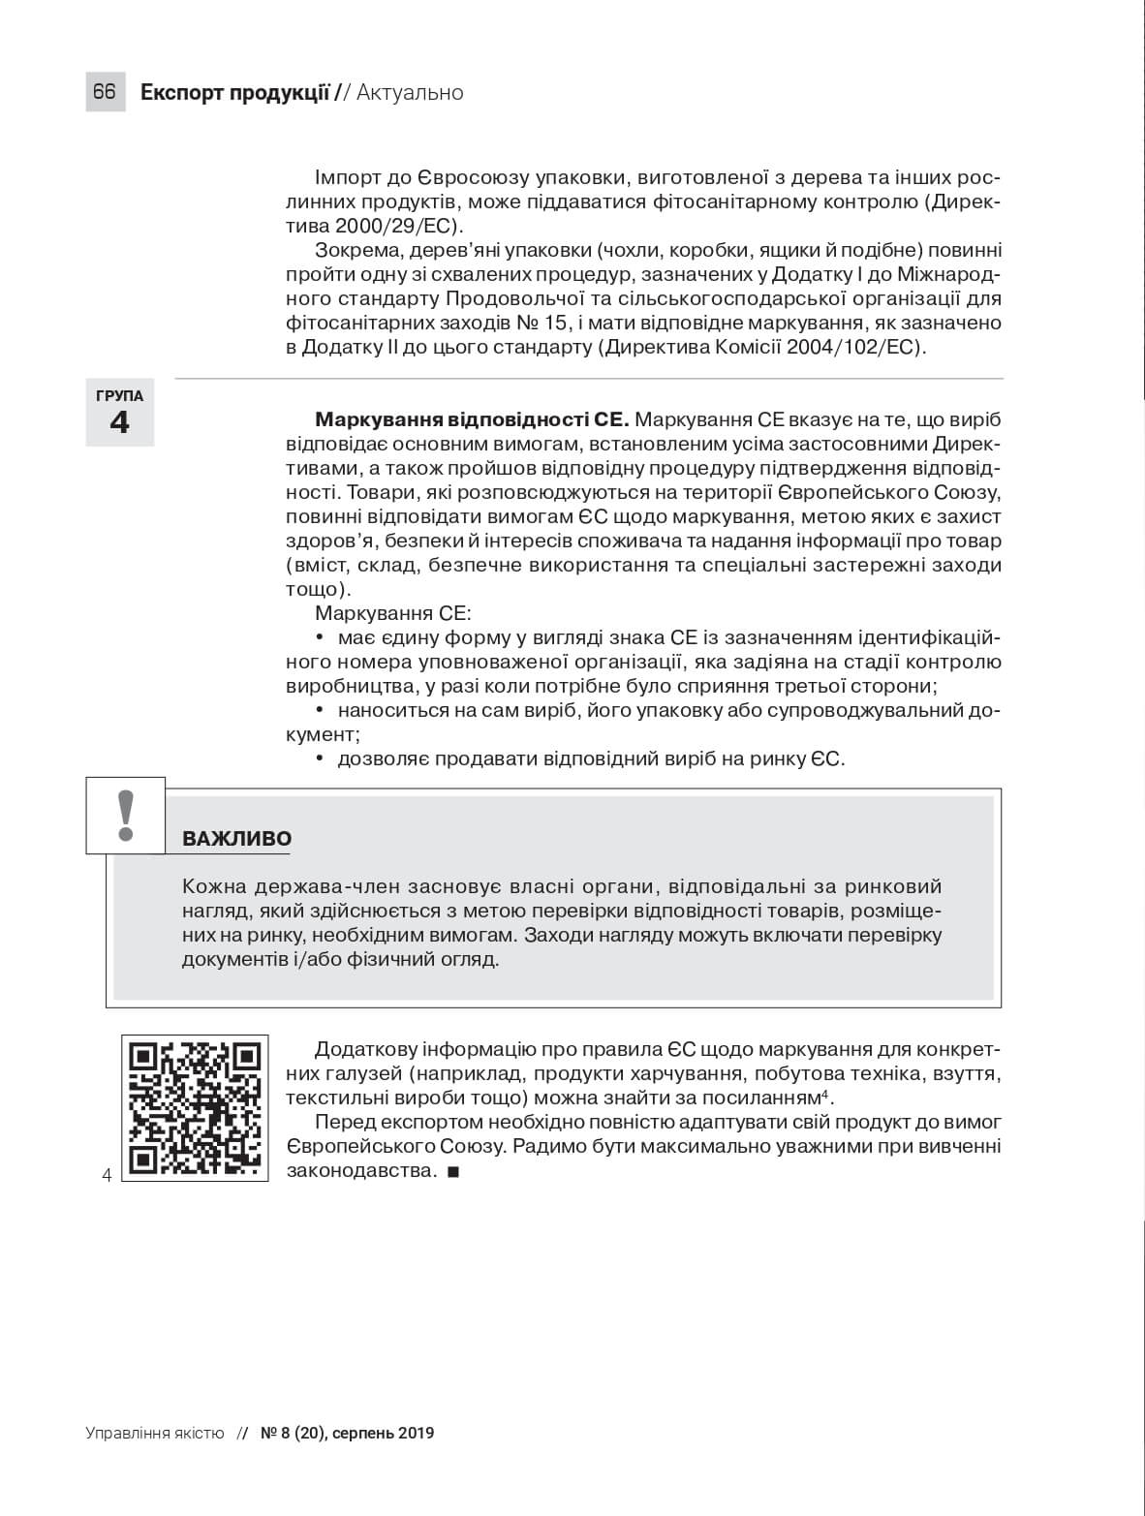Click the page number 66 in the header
[105, 92]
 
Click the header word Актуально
[410, 93]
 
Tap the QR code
[195, 1108]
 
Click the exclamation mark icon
[125, 816]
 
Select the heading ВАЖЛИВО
[236, 839]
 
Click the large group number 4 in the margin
[119, 423]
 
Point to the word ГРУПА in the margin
[119, 396]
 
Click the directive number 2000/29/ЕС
[395, 227]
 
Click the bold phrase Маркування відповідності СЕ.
[472, 420]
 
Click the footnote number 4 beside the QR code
[107, 1176]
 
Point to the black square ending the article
[452, 1172]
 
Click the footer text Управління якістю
[155, 1433]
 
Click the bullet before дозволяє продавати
[320, 758]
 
